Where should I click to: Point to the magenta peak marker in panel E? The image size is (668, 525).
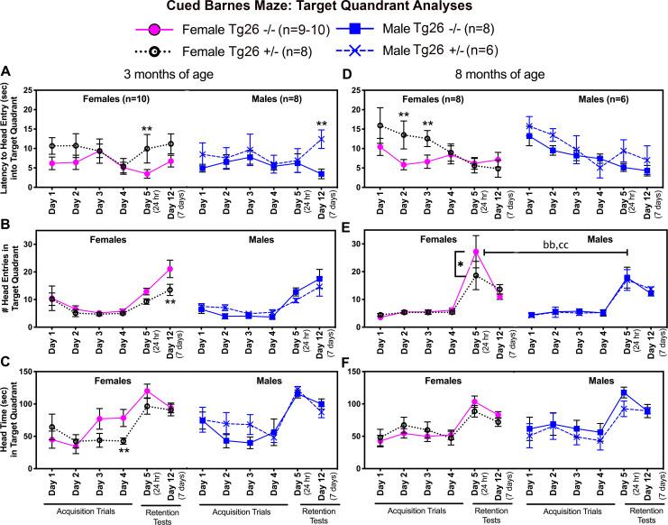475,252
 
